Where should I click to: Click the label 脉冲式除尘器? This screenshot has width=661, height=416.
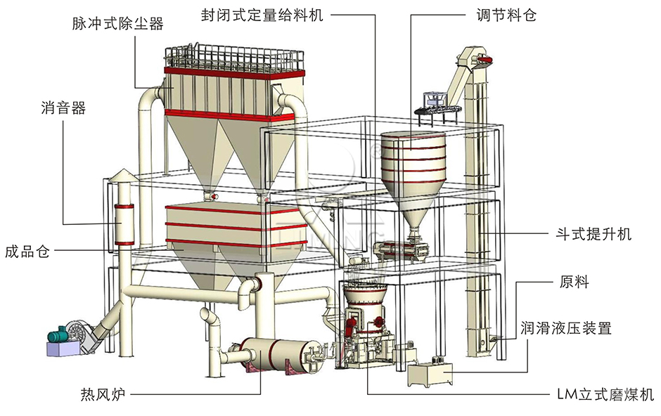(117, 24)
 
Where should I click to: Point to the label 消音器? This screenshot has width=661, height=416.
(63, 108)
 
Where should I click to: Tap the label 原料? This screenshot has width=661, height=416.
(575, 283)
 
